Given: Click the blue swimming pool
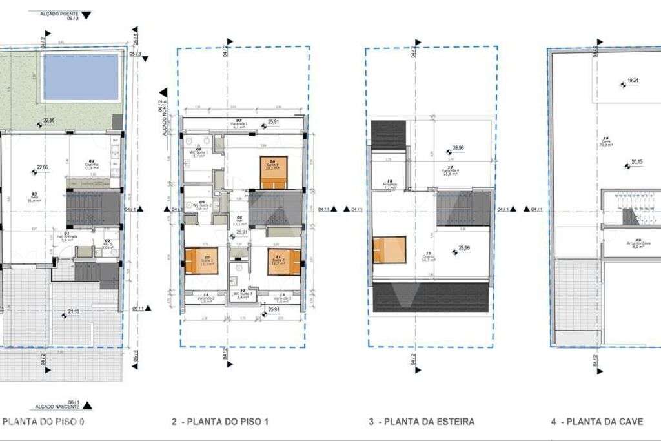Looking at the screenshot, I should tap(81, 76).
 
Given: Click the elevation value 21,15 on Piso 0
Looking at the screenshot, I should tap(75, 313).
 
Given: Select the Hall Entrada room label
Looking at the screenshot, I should tap(66, 237).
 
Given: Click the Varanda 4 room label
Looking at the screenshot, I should tap(450, 172).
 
